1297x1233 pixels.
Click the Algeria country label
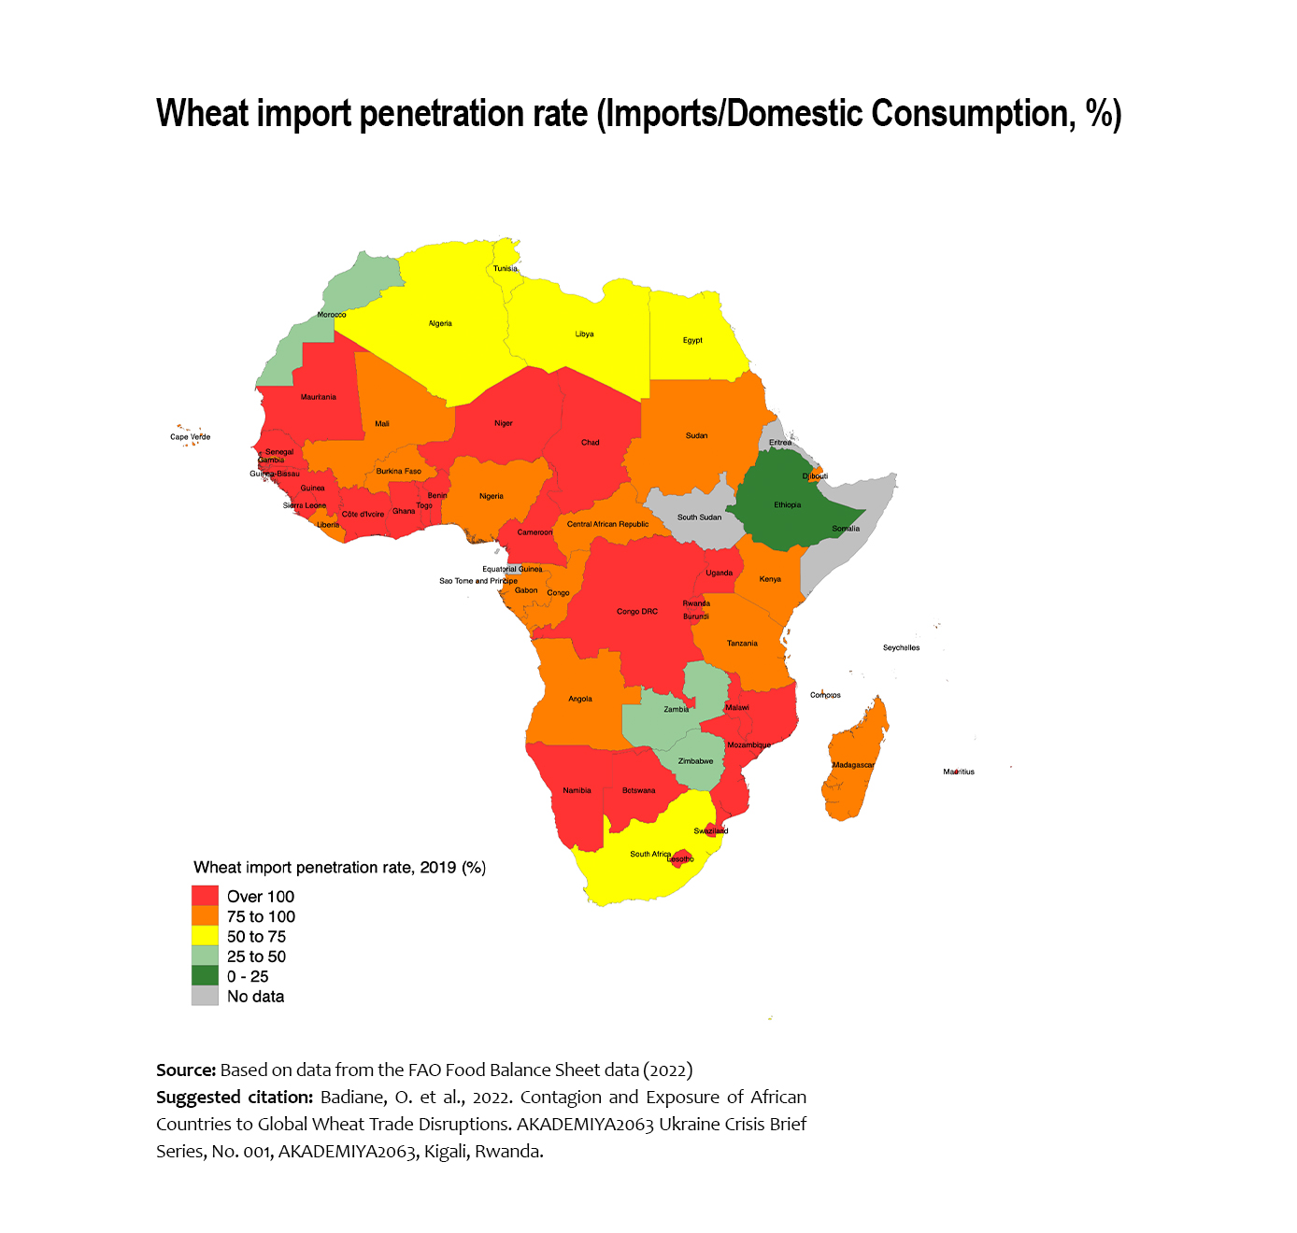(x=440, y=323)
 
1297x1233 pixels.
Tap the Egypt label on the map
(x=692, y=340)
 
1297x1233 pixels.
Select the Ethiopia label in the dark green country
(x=788, y=504)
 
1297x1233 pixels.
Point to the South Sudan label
(x=699, y=517)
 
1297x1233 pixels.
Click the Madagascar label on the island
(x=853, y=765)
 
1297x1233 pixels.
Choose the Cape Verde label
(x=190, y=436)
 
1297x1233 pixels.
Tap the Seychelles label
(x=901, y=647)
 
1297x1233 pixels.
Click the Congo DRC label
(x=637, y=612)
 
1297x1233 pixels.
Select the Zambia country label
(x=677, y=709)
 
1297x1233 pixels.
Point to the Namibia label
(x=577, y=790)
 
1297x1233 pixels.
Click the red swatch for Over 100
(x=205, y=897)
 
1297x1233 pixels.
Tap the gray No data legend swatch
(x=205, y=997)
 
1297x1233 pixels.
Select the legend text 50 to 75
(x=256, y=937)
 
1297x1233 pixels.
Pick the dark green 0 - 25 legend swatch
(x=205, y=976)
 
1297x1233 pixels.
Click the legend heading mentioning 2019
(x=339, y=868)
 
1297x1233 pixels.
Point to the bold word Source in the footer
(x=185, y=1070)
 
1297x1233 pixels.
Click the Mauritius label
(x=959, y=772)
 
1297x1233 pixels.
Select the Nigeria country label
(x=492, y=496)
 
